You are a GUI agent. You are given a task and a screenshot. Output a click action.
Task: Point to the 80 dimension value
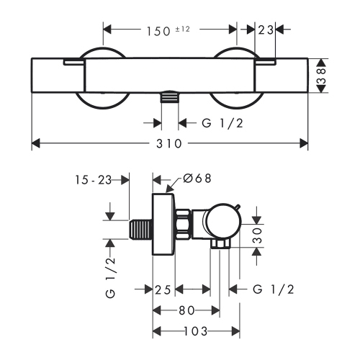click(x=186, y=310)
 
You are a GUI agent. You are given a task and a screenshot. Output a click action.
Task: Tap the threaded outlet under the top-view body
click(x=168, y=98)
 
